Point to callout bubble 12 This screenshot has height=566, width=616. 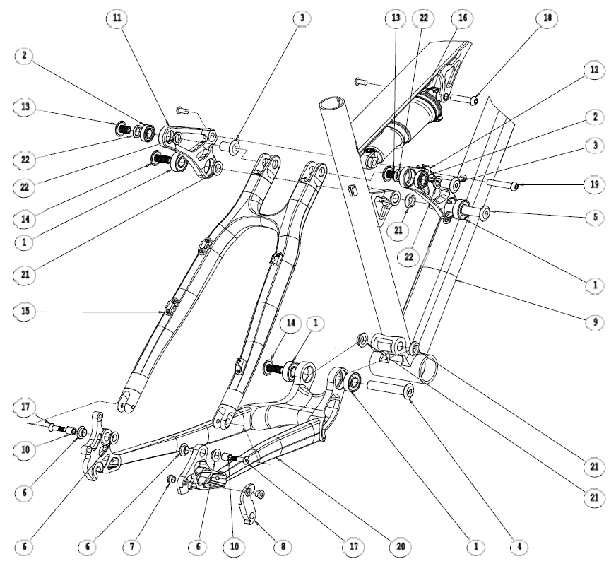[593, 71]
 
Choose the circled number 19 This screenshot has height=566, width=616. [593, 186]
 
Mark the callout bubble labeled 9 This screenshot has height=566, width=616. [593, 322]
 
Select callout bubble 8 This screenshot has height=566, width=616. [281, 547]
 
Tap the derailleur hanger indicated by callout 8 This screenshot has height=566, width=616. [247, 505]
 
